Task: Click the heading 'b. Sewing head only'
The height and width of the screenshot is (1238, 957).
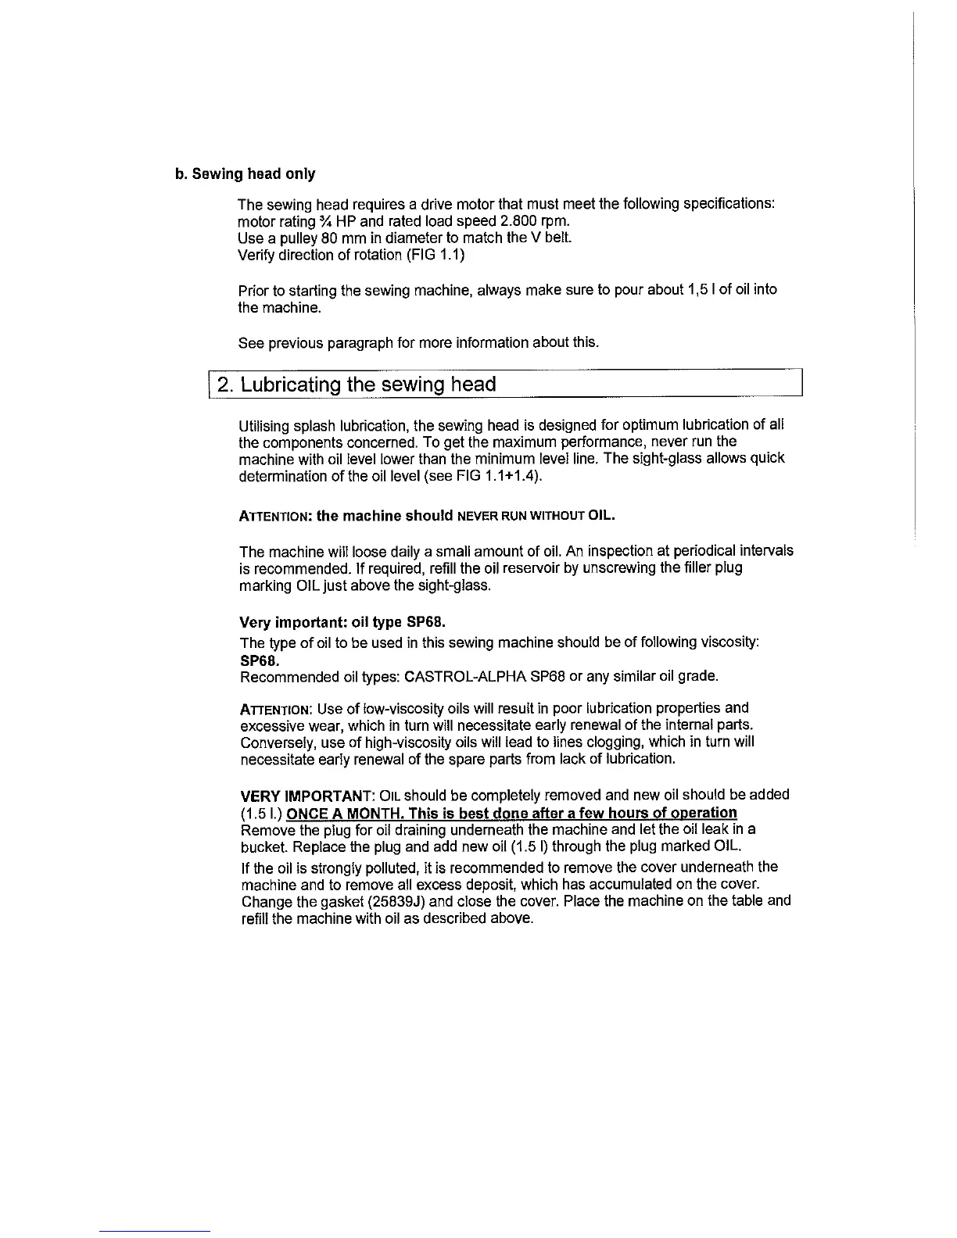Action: point(245,173)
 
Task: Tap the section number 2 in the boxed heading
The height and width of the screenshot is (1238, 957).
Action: point(224,385)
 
